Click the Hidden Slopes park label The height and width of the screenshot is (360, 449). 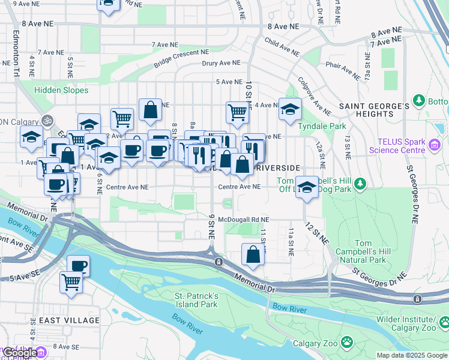61,91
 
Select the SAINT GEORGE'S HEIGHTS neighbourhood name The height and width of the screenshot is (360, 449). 374,110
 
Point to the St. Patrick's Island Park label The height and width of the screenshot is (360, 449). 196,300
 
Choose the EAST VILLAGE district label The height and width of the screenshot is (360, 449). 69,320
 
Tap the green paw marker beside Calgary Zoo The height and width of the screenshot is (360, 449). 346,343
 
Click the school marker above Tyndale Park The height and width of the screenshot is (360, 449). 290,110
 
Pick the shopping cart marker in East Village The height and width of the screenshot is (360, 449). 71,281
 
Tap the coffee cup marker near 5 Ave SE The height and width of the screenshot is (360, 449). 78,265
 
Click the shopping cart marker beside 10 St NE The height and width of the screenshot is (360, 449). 238,111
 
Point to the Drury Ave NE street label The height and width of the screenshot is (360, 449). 221,63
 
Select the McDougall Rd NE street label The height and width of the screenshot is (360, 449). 243,220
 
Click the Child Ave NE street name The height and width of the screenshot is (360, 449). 283,44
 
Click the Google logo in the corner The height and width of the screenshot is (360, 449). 19,353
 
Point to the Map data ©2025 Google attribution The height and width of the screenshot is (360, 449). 411,355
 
